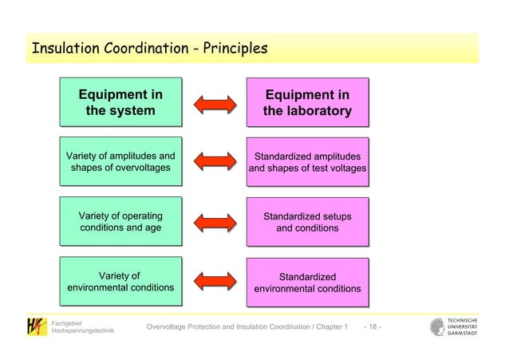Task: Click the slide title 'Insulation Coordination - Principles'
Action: click(x=148, y=50)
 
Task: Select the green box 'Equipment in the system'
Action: click(x=120, y=103)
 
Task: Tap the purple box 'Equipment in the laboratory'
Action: click(x=307, y=103)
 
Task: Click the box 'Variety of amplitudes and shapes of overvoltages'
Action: click(x=120, y=161)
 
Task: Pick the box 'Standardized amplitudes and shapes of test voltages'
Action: click(x=307, y=162)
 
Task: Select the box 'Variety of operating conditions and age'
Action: click(x=120, y=222)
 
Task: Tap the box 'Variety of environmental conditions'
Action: click(x=120, y=282)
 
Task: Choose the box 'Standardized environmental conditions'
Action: click(x=307, y=283)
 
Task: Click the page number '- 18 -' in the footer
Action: click(x=372, y=329)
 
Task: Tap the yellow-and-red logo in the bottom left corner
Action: click(x=35, y=327)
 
